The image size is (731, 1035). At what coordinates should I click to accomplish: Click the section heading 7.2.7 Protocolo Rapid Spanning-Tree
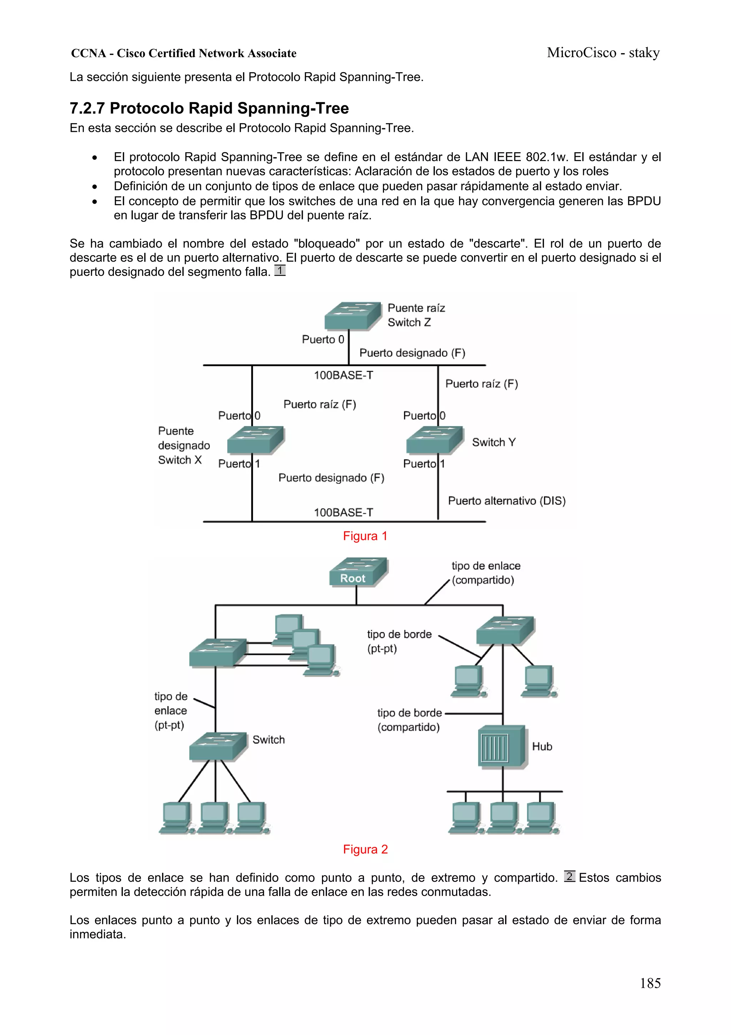(x=209, y=108)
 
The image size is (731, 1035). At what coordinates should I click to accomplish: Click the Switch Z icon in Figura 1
(x=352, y=315)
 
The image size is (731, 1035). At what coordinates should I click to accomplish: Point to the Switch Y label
(x=494, y=442)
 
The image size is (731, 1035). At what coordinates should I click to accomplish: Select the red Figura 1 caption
(x=365, y=536)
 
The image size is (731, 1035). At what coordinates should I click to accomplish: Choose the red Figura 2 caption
(x=365, y=849)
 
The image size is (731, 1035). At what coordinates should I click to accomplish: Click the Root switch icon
(x=358, y=572)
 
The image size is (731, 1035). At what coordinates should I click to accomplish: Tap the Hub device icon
(x=501, y=746)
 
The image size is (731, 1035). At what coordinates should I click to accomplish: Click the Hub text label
(x=542, y=746)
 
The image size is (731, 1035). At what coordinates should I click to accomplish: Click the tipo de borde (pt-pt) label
(x=399, y=641)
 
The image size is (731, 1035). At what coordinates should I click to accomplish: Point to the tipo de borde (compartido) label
(x=409, y=720)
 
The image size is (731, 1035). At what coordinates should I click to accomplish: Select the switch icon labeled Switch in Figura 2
(x=217, y=746)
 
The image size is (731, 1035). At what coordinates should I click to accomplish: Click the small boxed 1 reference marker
(x=280, y=270)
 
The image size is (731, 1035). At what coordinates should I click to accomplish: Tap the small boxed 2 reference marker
(x=569, y=876)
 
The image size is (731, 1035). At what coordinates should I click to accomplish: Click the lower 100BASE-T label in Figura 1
(x=343, y=513)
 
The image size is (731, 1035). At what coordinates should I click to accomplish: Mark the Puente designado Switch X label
(x=183, y=446)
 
